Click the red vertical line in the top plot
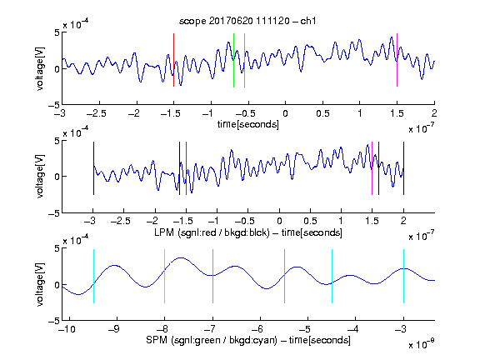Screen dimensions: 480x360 coord(173,60)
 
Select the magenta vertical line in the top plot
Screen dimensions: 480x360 coord(397,60)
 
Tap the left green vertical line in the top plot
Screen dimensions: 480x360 coord(233,60)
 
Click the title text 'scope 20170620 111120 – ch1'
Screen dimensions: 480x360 coord(247,21)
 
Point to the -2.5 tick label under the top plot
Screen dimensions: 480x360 coord(97,113)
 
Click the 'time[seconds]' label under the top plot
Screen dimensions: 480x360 coord(248,124)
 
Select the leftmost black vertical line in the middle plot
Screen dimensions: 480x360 coord(93,168)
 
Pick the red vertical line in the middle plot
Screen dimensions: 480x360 coord(186,168)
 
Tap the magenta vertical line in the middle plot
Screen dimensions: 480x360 coord(372,168)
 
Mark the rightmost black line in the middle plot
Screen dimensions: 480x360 coord(403,168)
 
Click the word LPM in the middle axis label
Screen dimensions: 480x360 coord(164,232)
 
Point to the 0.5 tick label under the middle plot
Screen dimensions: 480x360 coord(310,221)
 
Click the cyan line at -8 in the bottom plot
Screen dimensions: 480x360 coord(165,276)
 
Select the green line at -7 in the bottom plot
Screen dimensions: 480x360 coord(212,276)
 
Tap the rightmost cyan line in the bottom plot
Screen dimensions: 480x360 coord(403,276)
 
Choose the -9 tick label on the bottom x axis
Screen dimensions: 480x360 coord(113,329)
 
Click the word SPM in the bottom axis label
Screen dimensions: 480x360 coord(157,340)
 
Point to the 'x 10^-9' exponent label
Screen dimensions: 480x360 coord(421,345)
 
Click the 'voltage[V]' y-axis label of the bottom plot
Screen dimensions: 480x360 coord(40,285)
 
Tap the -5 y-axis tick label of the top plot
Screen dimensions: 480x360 coord(54,105)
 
